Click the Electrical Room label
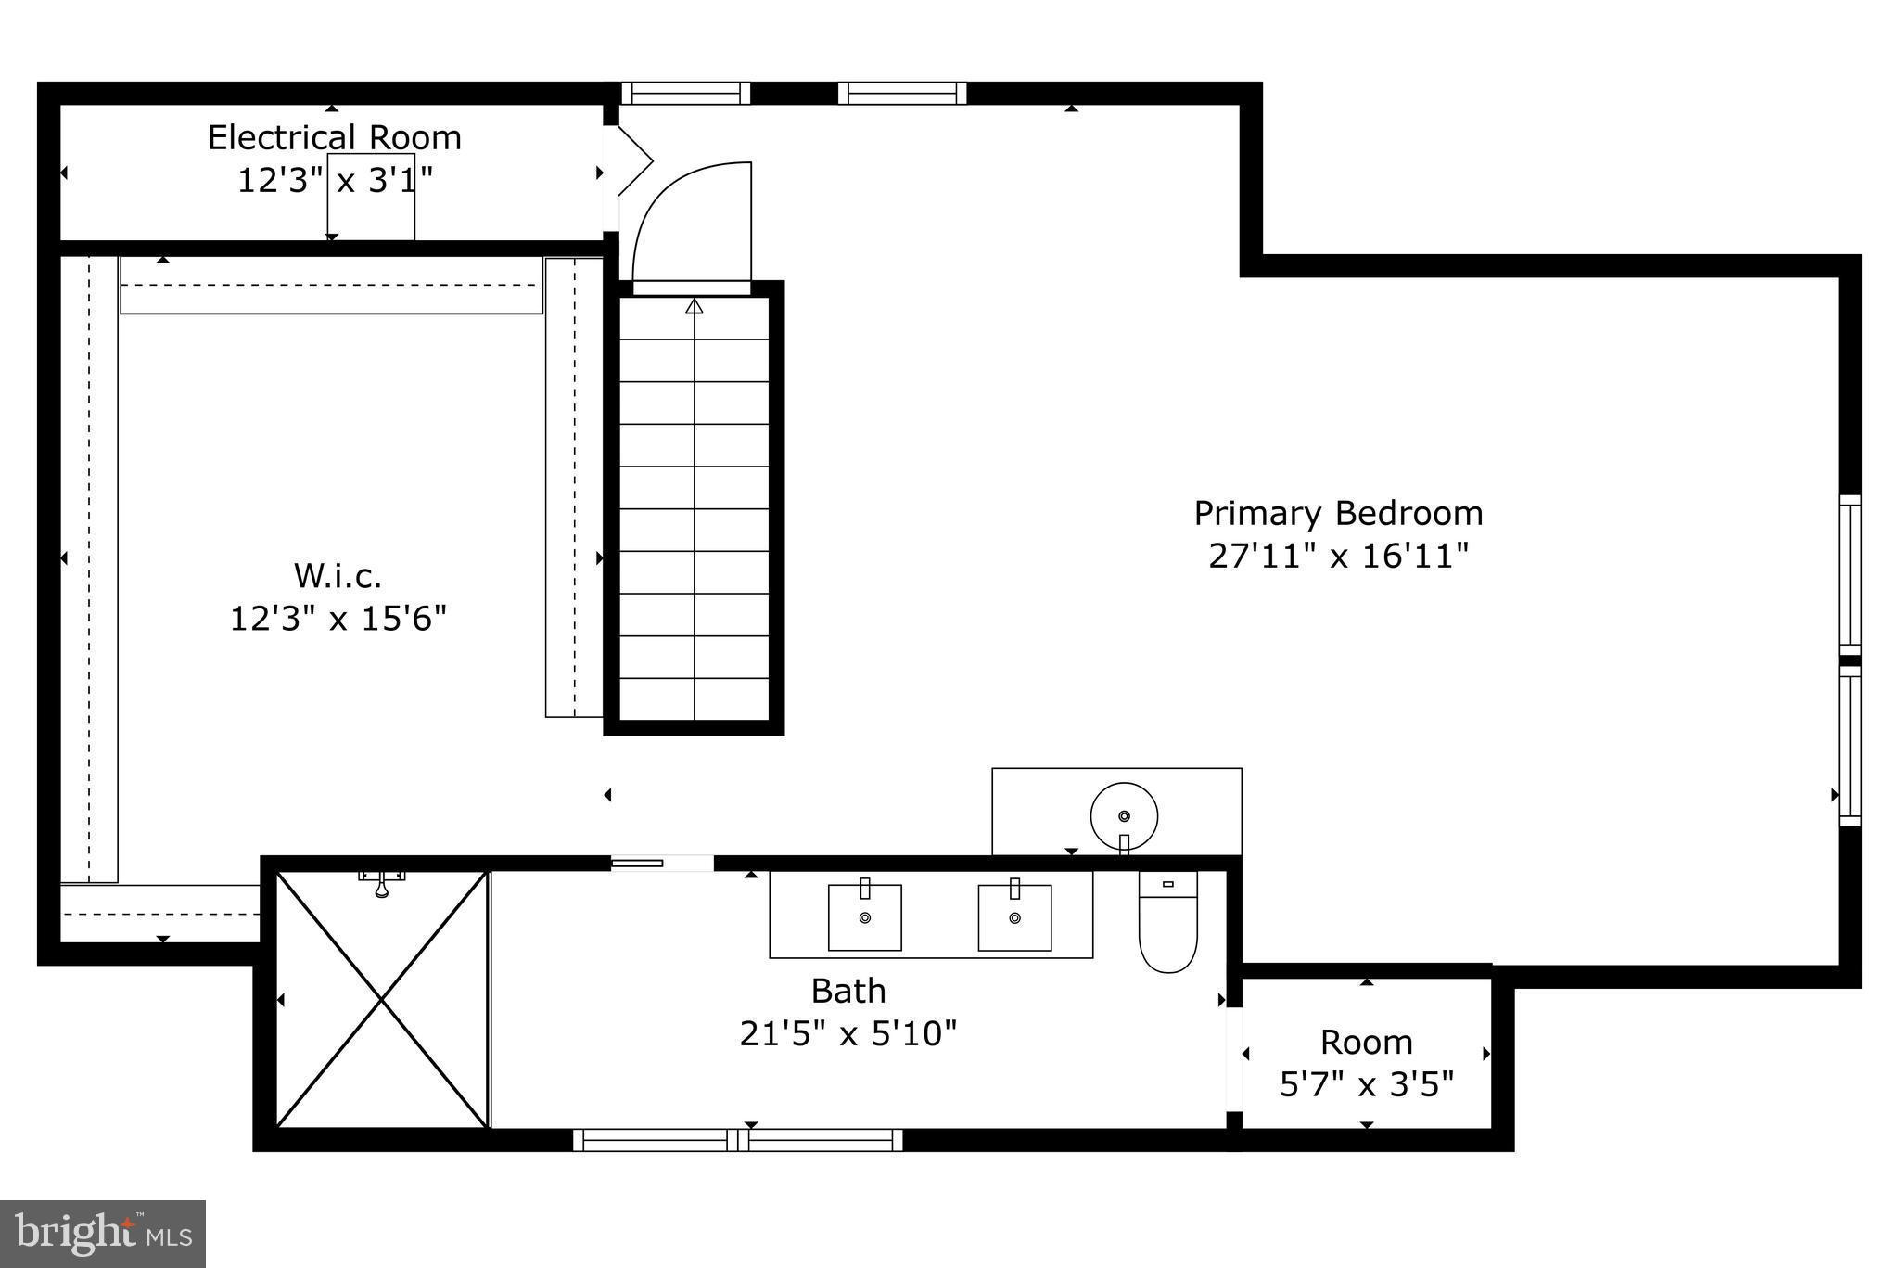click(x=334, y=138)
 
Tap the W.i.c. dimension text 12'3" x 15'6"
click(x=338, y=618)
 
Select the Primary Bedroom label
click(x=1337, y=513)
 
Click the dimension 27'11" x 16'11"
click(x=1338, y=556)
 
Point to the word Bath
click(x=848, y=991)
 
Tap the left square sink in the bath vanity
click(x=864, y=916)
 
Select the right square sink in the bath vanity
click(x=1014, y=916)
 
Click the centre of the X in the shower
click(x=382, y=999)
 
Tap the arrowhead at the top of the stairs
click(x=694, y=306)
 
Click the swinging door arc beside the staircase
click(x=691, y=223)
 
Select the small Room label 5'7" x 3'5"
click(x=1366, y=1062)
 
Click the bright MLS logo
click(x=103, y=1233)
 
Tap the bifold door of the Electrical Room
click(x=632, y=161)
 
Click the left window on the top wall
click(x=685, y=94)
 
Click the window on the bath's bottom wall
click(x=737, y=1140)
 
